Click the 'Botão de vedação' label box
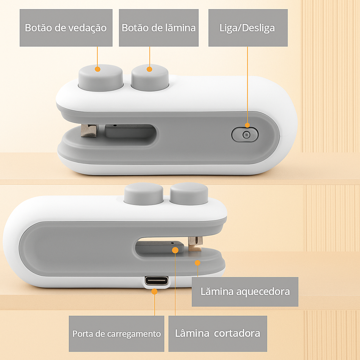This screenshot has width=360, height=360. pos(66,28)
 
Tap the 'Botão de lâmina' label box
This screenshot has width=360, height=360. pos(159,28)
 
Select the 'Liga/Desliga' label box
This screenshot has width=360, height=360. pos(248,28)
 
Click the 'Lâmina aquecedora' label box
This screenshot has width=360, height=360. pos(245,291)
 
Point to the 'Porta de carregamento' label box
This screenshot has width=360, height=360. pos(116,334)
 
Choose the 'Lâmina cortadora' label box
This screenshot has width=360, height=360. pos(218,334)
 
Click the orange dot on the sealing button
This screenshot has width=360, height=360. pos(98,69)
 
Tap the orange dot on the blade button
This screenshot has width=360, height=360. pos(149,69)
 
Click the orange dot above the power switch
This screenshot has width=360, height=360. pos(247,125)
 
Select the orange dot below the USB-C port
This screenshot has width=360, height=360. pos(155,291)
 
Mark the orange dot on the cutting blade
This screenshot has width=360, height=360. pos(175,250)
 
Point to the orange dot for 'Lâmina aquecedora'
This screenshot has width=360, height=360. pos(198,263)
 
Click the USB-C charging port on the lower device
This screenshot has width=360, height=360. pos(156,281)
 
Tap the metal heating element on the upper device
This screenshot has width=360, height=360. pos(89,131)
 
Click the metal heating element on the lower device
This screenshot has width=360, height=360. pos(195,244)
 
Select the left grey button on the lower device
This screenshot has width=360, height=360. pos(144,194)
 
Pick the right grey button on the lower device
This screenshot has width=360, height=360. pos(189,194)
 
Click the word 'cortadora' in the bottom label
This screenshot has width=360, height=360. pos(237,333)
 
